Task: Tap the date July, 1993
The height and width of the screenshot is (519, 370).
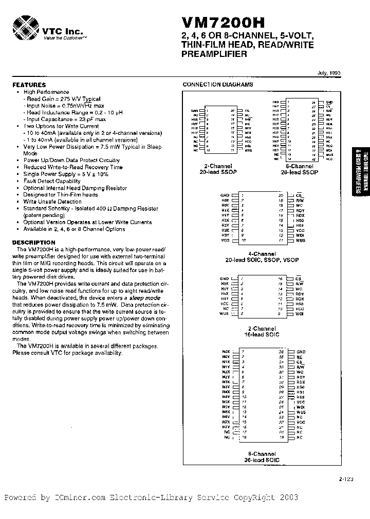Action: (328, 73)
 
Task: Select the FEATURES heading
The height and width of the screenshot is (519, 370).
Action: (29, 85)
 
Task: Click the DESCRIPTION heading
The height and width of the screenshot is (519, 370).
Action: (33, 243)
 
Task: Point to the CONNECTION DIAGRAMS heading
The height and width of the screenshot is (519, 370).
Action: (218, 85)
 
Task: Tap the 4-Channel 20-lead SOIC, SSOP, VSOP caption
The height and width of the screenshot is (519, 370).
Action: (262, 257)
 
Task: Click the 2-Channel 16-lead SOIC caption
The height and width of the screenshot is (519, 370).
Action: (262, 331)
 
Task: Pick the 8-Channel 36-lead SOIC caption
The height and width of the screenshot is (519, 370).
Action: (262, 457)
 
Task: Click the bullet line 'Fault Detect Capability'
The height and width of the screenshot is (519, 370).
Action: (52, 181)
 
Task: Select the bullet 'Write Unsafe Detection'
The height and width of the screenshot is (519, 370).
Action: (52, 202)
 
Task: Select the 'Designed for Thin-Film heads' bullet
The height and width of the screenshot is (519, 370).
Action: (60, 195)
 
